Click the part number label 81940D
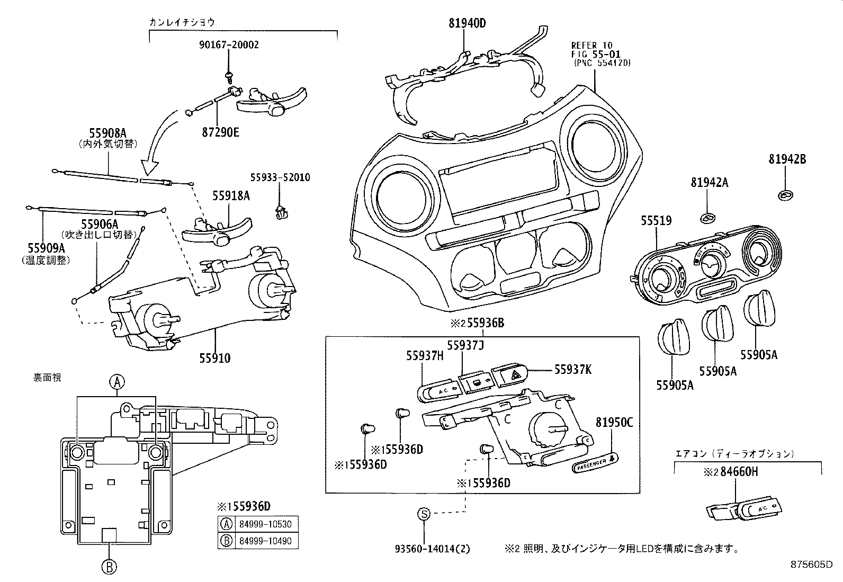click(460, 23)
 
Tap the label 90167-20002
click(229, 45)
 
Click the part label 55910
click(214, 359)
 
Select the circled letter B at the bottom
click(109, 567)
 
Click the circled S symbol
click(424, 513)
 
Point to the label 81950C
click(614, 422)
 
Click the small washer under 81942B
click(784, 196)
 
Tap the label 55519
click(656, 220)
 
